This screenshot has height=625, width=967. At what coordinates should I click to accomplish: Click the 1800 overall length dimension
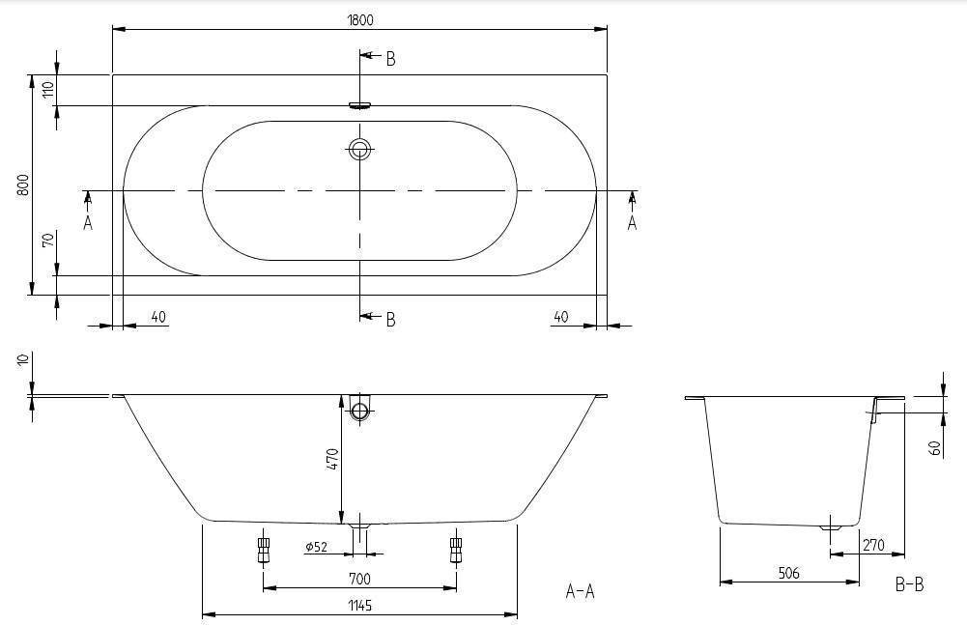pyautogui.click(x=360, y=19)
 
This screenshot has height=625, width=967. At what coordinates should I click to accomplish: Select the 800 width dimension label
pyautogui.click(x=23, y=185)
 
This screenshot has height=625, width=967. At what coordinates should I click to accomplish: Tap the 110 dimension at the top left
pyautogui.click(x=48, y=90)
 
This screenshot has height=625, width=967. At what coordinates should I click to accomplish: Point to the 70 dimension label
pyautogui.click(x=48, y=239)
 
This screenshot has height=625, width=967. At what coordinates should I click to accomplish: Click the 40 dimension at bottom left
pyautogui.click(x=158, y=317)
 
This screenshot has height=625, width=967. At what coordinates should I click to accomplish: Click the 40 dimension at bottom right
pyautogui.click(x=560, y=317)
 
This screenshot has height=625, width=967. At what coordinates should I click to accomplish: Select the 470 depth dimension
pyautogui.click(x=332, y=460)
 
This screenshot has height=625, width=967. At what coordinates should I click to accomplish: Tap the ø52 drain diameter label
pyautogui.click(x=316, y=547)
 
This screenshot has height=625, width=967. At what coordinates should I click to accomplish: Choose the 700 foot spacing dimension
pyautogui.click(x=359, y=579)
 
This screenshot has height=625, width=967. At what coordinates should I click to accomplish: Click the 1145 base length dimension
pyautogui.click(x=359, y=606)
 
